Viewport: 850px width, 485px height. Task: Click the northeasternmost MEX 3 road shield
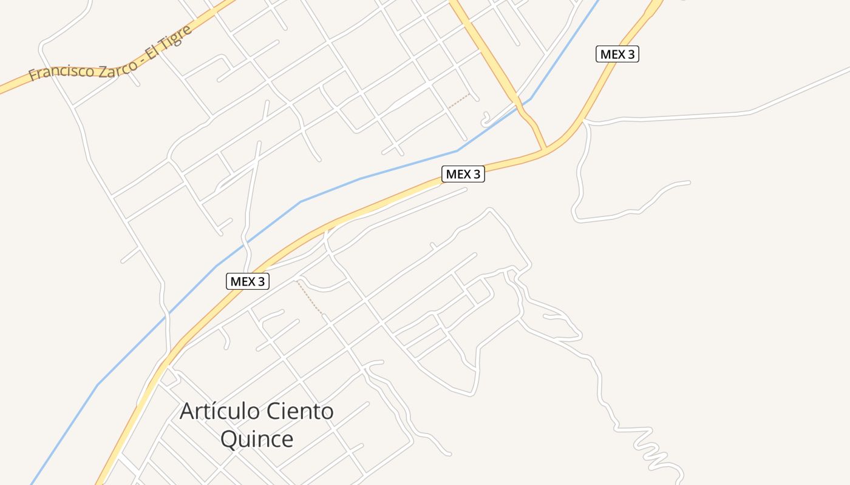(617, 54)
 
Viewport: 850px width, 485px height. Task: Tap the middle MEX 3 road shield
(463, 174)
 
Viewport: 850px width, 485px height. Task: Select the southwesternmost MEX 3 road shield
(248, 281)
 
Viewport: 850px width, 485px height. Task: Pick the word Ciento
(302, 412)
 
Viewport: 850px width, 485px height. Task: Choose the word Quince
(257, 439)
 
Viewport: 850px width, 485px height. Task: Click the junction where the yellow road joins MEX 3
(545, 148)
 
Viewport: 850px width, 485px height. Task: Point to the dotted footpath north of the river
(459, 101)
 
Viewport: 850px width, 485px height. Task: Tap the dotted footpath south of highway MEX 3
(310, 298)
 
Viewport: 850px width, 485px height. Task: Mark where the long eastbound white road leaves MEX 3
(585, 122)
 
